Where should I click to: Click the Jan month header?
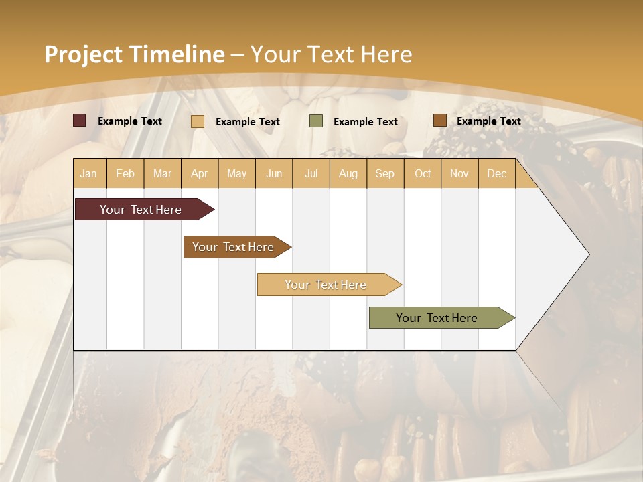(x=88, y=174)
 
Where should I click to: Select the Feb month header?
(x=125, y=174)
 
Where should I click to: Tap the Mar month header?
(x=162, y=174)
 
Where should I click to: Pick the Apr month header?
(x=200, y=174)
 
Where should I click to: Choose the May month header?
(x=236, y=174)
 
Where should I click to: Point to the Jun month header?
(x=274, y=174)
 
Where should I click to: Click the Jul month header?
(x=311, y=174)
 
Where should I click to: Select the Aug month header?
(x=348, y=174)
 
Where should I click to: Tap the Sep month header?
(x=385, y=174)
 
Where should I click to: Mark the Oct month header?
(x=423, y=174)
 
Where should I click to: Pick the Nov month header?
(x=459, y=174)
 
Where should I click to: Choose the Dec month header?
(x=497, y=174)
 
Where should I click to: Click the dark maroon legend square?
(x=80, y=120)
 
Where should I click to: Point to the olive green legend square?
(x=316, y=121)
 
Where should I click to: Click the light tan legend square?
(x=198, y=121)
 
